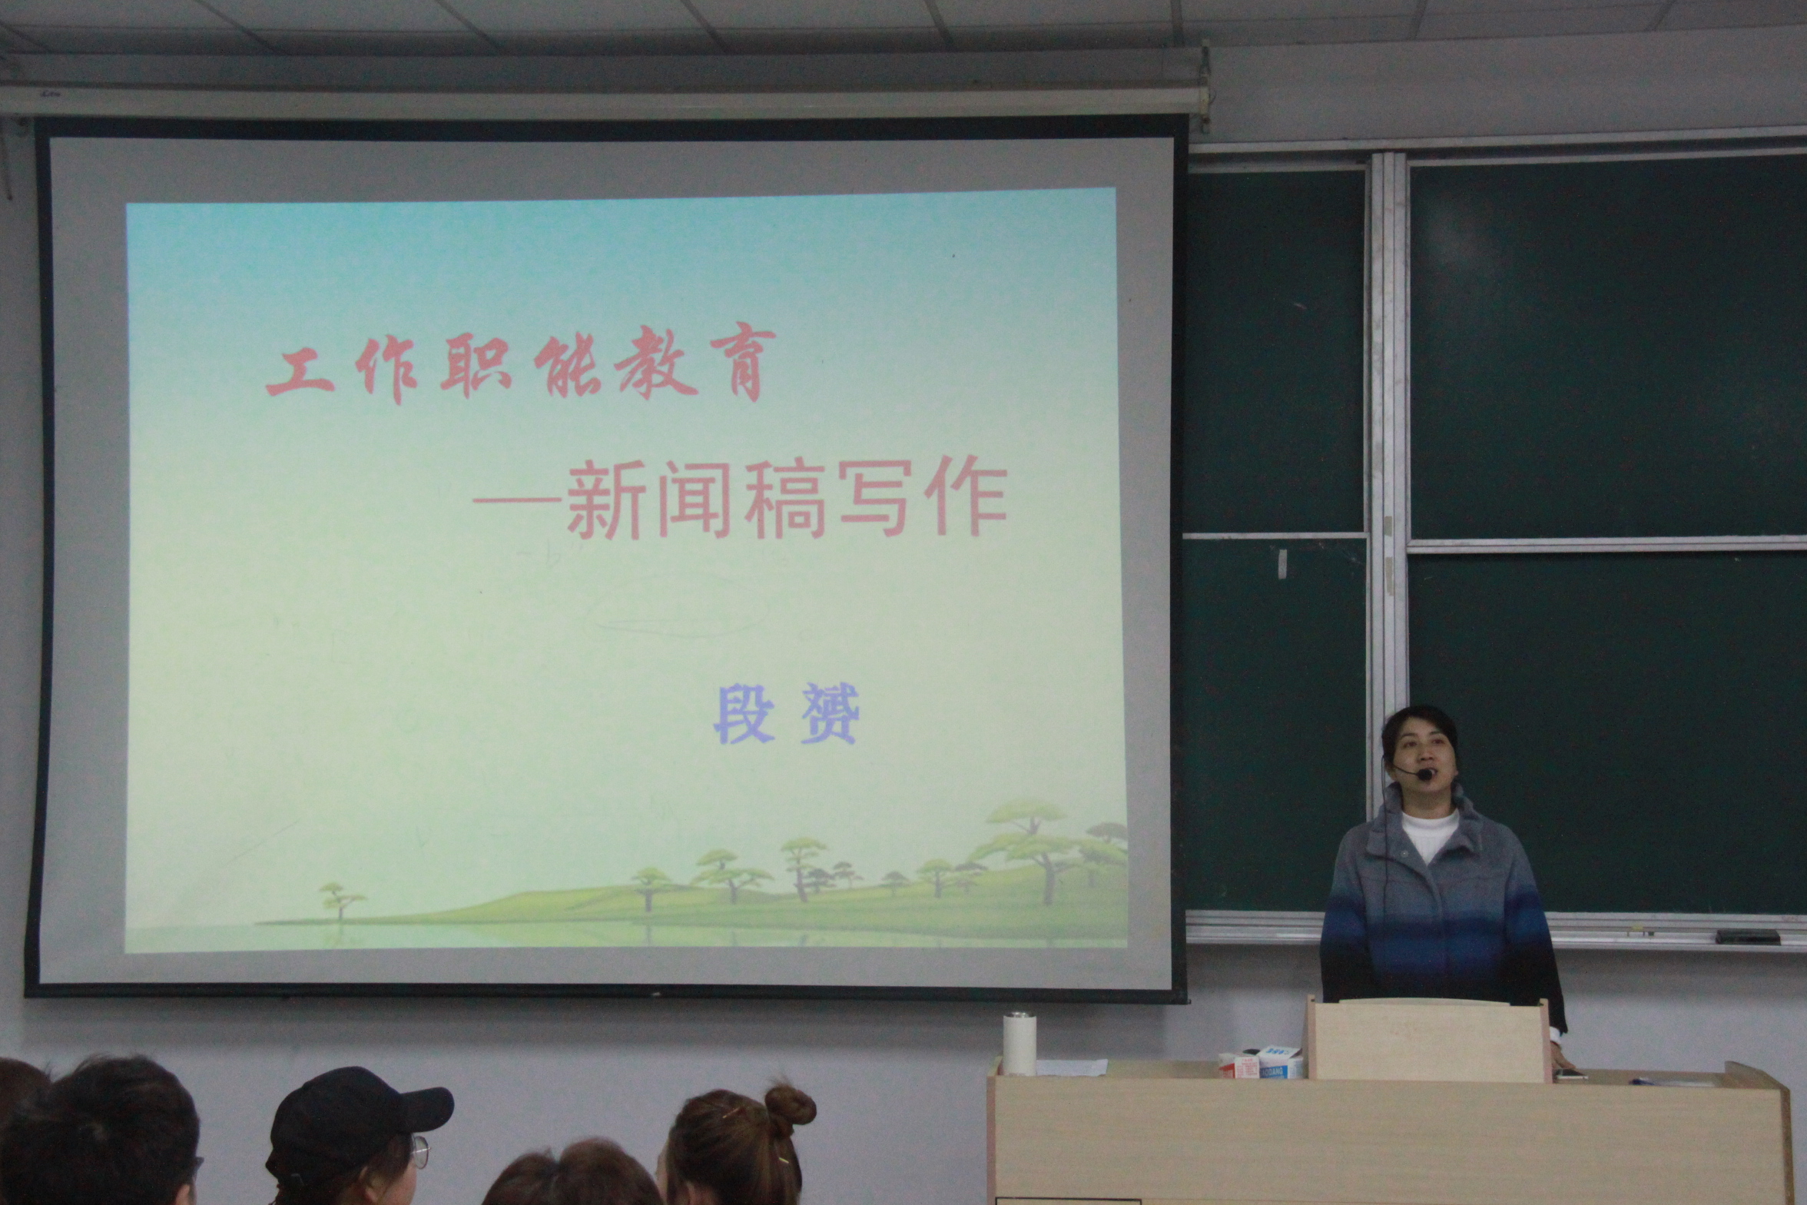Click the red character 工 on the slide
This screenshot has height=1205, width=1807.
(x=301, y=372)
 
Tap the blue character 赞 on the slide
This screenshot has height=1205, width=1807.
(x=830, y=714)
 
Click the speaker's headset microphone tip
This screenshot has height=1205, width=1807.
(x=1425, y=775)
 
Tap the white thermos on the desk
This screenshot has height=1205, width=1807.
(x=1020, y=1044)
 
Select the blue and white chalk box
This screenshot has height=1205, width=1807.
(x=1278, y=1061)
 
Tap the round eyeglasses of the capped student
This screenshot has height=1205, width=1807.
(x=419, y=1150)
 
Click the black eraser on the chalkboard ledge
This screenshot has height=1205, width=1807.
(x=1748, y=936)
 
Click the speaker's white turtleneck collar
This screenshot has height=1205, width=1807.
(x=1429, y=832)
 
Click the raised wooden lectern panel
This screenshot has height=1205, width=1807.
(x=1427, y=1039)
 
